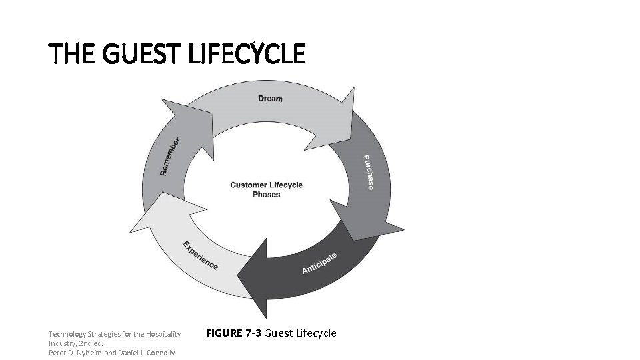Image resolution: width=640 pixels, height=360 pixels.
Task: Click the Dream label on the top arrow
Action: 270,99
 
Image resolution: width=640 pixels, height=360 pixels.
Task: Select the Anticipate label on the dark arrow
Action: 319,263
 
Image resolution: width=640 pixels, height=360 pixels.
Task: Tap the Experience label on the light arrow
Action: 201,255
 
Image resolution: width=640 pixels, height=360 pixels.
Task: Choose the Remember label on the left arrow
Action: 170,157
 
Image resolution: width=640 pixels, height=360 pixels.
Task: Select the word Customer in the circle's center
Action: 249,185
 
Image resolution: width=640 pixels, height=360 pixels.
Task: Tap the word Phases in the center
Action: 267,195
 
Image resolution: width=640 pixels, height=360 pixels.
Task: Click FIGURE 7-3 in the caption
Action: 233,333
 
